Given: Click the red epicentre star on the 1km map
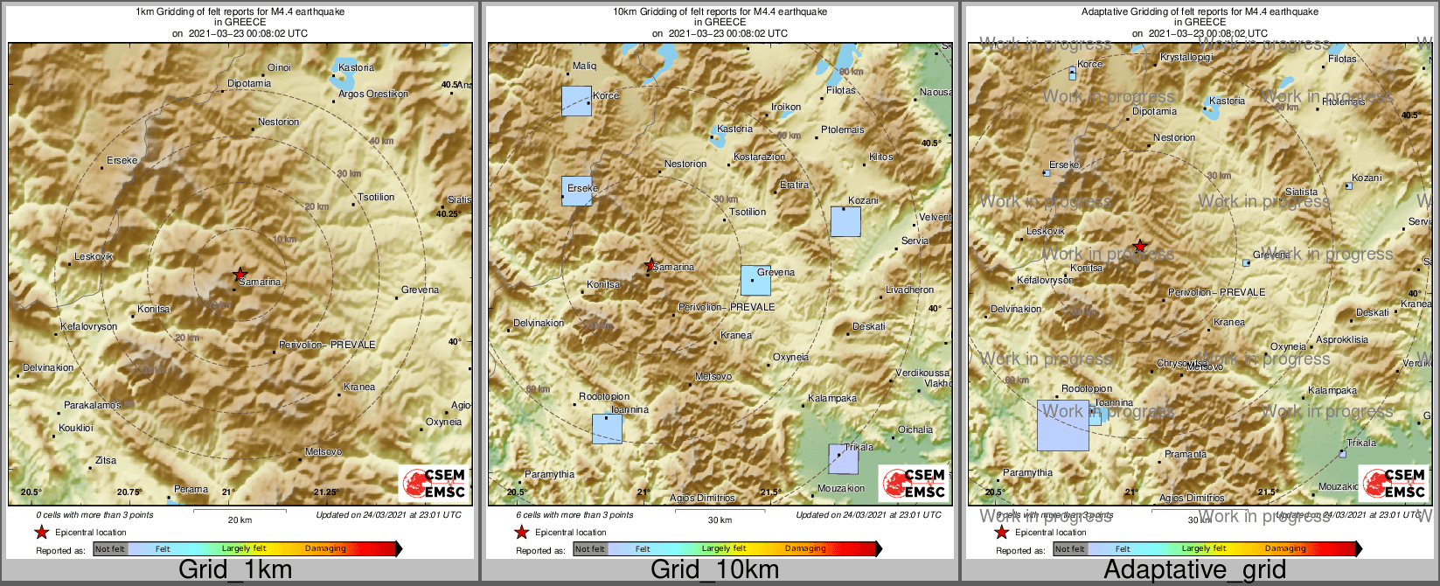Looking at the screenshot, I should click(x=240, y=275).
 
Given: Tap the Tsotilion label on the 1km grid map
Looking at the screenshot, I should click(x=376, y=197).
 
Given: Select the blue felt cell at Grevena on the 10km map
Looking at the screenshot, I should click(x=755, y=281).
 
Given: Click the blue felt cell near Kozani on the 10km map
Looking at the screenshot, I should click(x=845, y=221).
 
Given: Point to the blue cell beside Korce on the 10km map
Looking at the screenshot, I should click(x=576, y=101).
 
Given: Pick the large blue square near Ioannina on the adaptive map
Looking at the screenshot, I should click(x=1063, y=425).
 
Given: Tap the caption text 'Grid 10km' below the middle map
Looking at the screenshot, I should click(x=714, y=570).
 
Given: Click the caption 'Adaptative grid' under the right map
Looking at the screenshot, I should click(x=1194, y=570).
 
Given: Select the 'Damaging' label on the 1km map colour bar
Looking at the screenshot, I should click(x=325, y=548).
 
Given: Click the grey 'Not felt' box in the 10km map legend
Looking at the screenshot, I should click(x=590, y=549).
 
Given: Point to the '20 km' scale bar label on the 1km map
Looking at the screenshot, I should click(x=240, y=520).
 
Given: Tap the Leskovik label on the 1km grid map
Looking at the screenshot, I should click(x=94, y=256).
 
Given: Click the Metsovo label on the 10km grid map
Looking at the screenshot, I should click(x=713, y=376).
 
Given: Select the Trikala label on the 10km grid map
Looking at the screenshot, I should click(x=859, y=447).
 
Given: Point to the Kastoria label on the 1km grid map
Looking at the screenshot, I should click(x=356, y=67).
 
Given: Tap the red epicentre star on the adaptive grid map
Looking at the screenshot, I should click(x=1139, y=247).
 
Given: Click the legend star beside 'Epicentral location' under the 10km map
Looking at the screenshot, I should click(x=522, y=532).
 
